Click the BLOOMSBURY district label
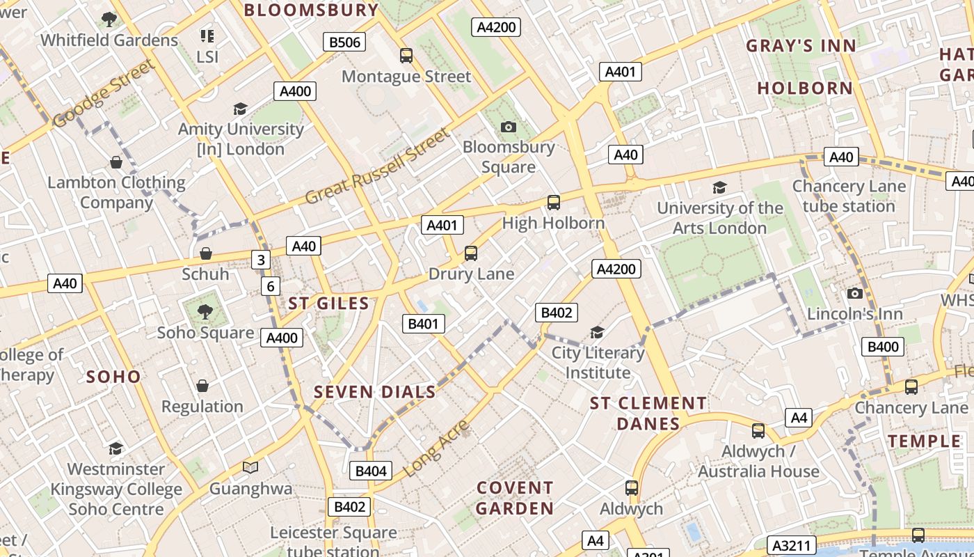coord(311,10)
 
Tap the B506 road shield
coord(344,42)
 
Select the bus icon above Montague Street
coord(406,55)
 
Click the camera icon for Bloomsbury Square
coord(509,127)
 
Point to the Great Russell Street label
coord(378,166)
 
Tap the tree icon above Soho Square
coord(205,311)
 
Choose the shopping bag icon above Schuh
coord(206,253)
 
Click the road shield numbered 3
coord(260,260)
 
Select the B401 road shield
coord(423,324)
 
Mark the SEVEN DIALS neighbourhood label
coord(375,392)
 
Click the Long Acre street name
coord(436,448)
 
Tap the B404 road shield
coord(370,471)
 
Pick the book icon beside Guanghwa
coord(250,467)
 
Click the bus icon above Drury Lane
coord(471,253)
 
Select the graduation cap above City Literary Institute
coord(597,331)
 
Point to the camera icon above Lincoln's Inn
coord(854,293)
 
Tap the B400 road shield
coord(883,347)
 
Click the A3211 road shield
coord(792,545)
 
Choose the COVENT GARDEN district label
coord(515,498)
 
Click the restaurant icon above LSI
coord(207,36)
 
